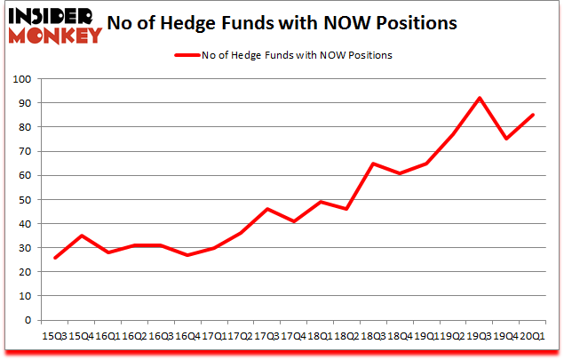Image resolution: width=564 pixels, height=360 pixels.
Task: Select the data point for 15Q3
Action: coord(55,258)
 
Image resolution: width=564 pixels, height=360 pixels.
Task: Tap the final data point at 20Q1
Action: coord(532,115)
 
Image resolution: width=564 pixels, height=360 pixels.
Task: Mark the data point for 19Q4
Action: coord(505,139)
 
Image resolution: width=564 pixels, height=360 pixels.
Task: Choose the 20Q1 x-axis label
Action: coord(532,338)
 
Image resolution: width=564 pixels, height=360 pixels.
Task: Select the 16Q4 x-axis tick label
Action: coord(186,338)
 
